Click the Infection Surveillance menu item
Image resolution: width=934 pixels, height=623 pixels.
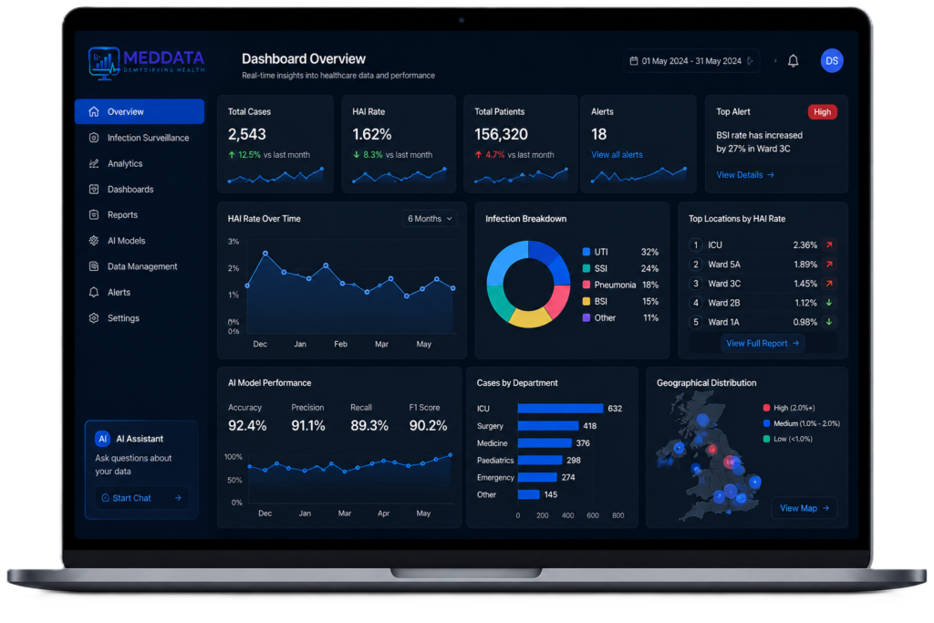click(x=140, y=138)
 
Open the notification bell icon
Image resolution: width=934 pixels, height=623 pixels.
click(x=793, y=61)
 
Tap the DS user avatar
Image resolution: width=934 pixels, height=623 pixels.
click(x=832, y=61)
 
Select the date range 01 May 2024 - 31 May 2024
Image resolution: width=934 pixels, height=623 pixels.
click(x=691, y=61)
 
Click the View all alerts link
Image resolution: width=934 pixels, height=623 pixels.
click(x=617, y=155)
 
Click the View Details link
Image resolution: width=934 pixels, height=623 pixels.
click(x=745, y=175)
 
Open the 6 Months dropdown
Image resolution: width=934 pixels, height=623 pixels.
click(x=430, y=219)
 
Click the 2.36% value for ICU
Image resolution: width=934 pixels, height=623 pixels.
click(x=804, y=244)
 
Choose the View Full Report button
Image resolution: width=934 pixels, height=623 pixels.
click(x=763, y=343)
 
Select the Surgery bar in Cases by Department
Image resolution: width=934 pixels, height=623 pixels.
click(x=548, y=426)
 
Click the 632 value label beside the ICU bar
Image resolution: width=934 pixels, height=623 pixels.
click(x=615, y=409)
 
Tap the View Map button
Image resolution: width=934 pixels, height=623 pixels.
click(x=804, y=508)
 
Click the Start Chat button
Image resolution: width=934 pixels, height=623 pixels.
click(x=141, y=498)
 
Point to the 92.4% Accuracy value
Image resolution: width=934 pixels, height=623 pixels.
click(x=247, y=425)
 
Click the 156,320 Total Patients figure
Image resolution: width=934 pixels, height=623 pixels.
click(x=501, y=135)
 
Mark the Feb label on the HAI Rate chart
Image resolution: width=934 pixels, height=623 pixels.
click(x=341, y=344)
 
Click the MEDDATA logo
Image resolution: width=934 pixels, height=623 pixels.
click(x=147, y=62)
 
